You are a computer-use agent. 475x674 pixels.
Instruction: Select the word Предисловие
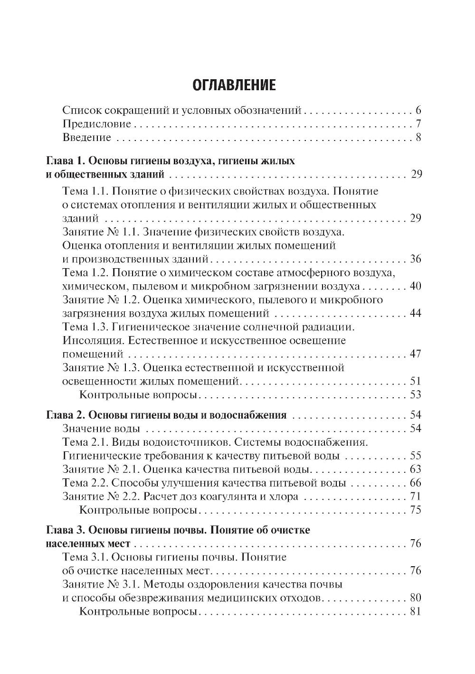(x=97, y=124)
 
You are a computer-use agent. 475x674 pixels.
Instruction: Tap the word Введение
(x=87, y=138)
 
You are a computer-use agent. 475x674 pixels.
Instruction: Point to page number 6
(x=418, y=111)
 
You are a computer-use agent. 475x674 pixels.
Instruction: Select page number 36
(x=415, y=259)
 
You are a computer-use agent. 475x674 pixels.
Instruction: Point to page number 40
(x=415, y=286)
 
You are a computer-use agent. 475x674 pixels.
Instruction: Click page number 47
(x=415, y=354)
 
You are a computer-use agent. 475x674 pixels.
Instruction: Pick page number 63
(x=415, y=469)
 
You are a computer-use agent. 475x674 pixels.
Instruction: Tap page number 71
(x=415, y=497)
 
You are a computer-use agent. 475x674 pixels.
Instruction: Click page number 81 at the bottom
(x=415, y=611)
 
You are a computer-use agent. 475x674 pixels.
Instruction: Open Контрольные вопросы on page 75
(x=138, y=511)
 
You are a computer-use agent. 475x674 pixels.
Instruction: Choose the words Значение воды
(x=101, y=429)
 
